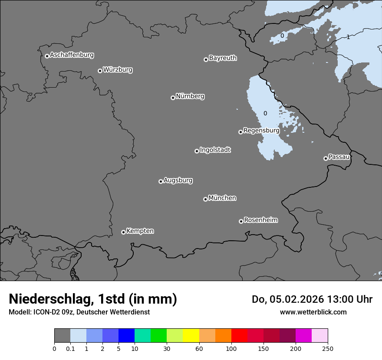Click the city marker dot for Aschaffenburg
[47, 56]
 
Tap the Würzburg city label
[118, 70]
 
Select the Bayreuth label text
[223, 58]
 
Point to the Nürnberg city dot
[173, 98]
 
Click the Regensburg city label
[261, 131]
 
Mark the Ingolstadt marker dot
[197, 151]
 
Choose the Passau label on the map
[339, 157]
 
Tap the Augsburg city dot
[161, 181]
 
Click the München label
[222, 198]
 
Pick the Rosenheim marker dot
[241, 222]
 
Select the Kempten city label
[140, 231]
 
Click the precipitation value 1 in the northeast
[348, 37]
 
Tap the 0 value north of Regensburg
[265, 114]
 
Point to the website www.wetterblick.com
[313, 312]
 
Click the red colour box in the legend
[239, 336]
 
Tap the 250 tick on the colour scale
[328, 348]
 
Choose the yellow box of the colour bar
[191, 336]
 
